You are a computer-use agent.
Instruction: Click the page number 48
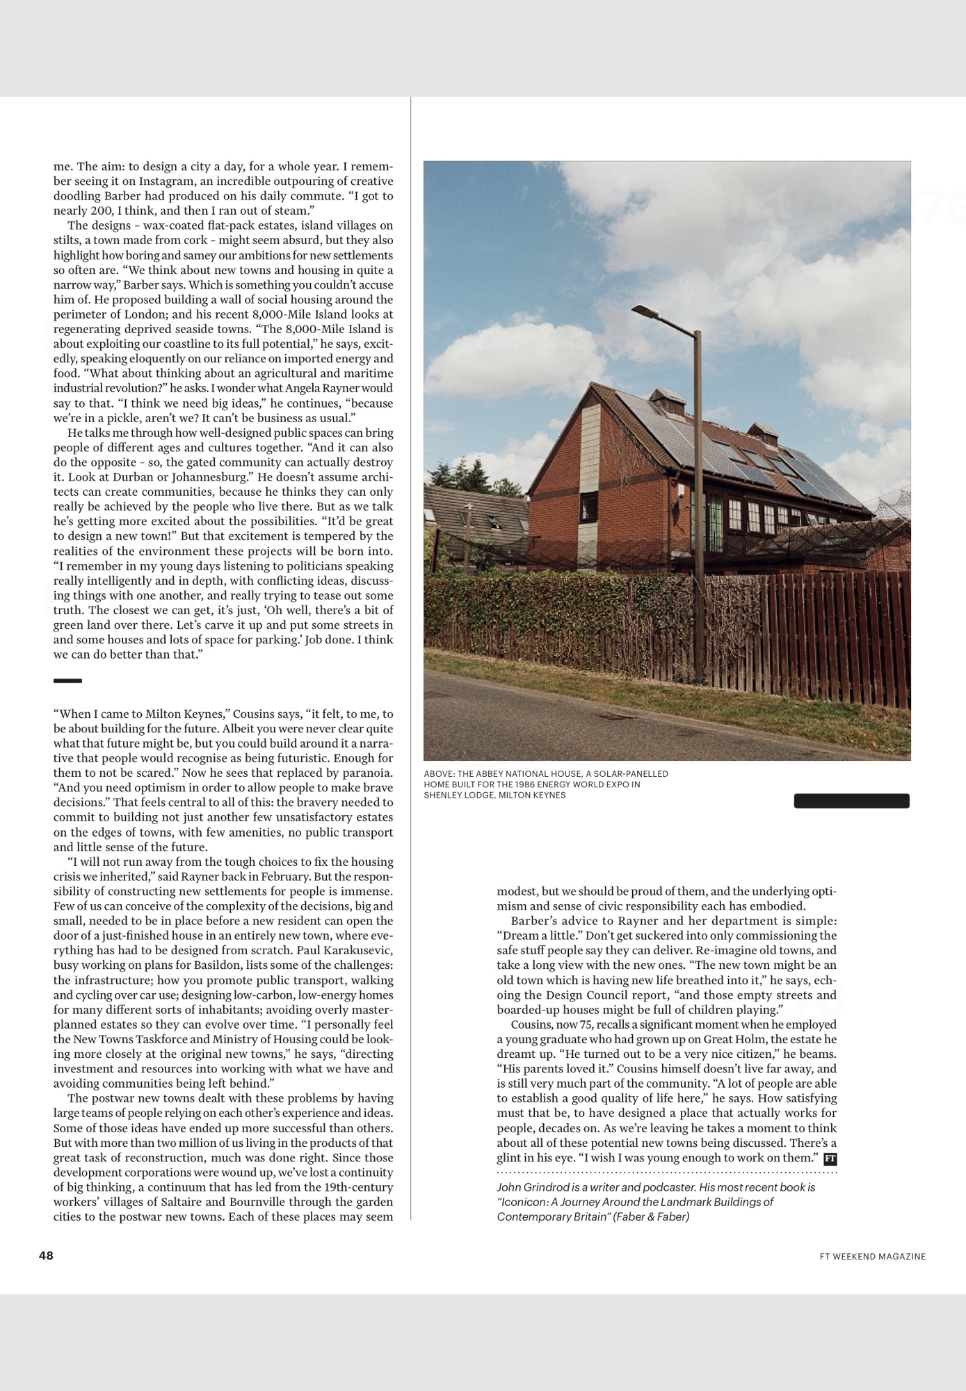tap(46, 1255)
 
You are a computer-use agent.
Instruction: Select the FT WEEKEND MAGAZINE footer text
tap(872, 1256)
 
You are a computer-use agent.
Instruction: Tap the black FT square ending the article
tap(830, 1159)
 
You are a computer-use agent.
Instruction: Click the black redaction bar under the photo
tap(851, 801)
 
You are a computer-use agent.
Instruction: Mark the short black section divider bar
tap(67, 680)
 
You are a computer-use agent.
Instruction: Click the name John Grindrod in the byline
tap(529, 1187)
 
